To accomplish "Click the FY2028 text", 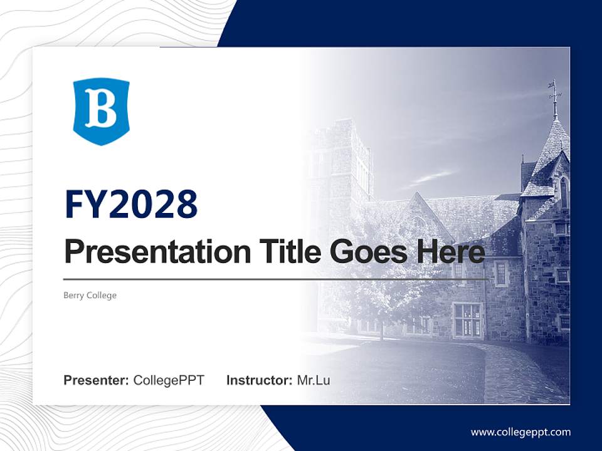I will coord(131,204).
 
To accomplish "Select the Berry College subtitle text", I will coord(90,295).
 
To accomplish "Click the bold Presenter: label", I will coord(97,380).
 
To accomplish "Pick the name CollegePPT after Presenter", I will coord(169,380).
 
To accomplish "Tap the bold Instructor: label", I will coord(259,380).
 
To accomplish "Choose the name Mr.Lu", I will coord(314,380).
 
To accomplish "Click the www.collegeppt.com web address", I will coord(520,432).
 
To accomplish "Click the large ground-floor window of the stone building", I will coord(468,319).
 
